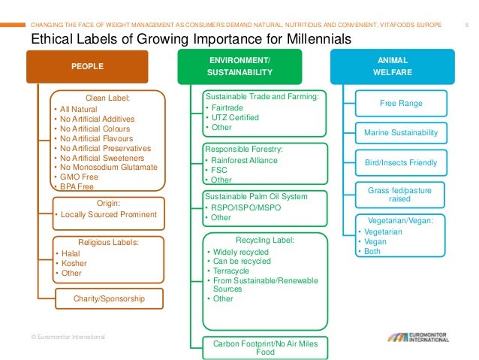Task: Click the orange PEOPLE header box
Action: click(88, 66)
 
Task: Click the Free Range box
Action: click(400, 103)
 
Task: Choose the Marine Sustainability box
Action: click(400, 132)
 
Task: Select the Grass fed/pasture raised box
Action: click(400, 195)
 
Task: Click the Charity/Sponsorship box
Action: click(109, 298)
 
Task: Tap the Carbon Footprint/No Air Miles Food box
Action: click(265, 347)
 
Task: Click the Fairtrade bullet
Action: click(228, 107)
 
